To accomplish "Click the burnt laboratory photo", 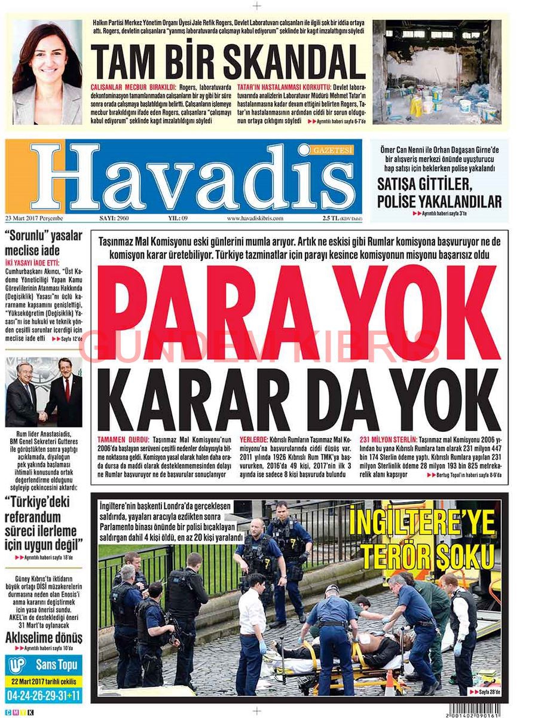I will click(436, 72).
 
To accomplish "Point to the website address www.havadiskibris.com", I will click(255, 218).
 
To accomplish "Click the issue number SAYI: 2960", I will click(114, 218).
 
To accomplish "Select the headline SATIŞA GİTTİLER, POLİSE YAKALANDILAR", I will click(439, 191).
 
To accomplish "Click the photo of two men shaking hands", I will click(44, 392).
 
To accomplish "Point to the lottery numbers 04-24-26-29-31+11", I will click(44, 695).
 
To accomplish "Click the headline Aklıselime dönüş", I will click(44, 637).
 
